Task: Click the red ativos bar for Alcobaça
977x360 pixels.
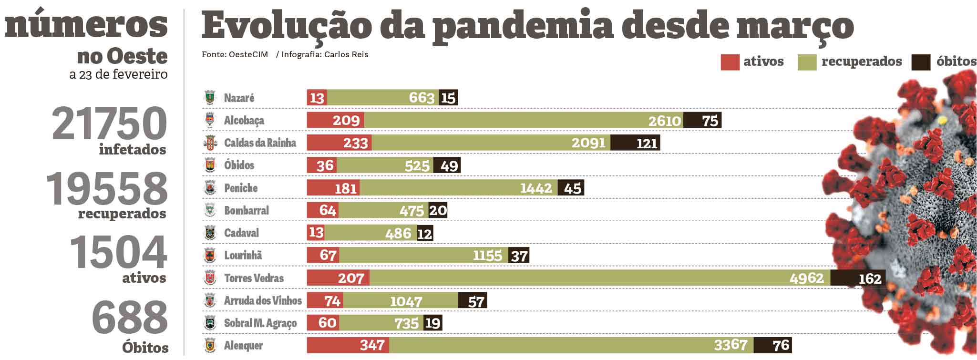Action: pos(335,120)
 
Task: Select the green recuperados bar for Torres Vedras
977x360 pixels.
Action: pos(599,278)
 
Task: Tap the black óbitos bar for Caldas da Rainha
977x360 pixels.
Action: pos(635,143)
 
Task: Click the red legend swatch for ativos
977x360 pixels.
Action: pos(730,62)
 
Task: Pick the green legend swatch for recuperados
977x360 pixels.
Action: pos(807,62)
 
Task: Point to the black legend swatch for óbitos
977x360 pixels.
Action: pos(920,62)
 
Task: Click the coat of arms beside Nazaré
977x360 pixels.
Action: pos(210,97)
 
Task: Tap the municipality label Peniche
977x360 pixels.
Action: pos(241,188)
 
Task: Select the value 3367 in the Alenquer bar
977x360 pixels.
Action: pos(730,345)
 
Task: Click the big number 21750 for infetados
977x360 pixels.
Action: pos(110,123)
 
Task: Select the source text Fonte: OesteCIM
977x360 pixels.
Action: pos(235,54)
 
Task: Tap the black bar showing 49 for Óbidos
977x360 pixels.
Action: pos(447,165)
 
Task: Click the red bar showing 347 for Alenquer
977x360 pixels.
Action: pos(348,345)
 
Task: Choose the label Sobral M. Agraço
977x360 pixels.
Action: pos(260,323)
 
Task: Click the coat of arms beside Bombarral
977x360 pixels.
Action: pos(210,210)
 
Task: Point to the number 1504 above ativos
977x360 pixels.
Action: pos(118,252)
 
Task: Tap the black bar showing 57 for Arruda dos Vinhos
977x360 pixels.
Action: pos(472,300)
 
